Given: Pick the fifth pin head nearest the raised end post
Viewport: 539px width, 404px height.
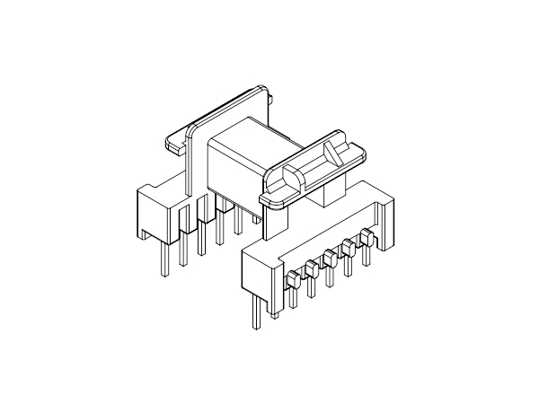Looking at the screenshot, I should (x=366, y=238).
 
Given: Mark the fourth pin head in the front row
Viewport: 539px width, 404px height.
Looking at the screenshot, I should (x=349, y=248).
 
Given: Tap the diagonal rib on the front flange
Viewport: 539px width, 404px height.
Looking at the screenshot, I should (x=334, y=153).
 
